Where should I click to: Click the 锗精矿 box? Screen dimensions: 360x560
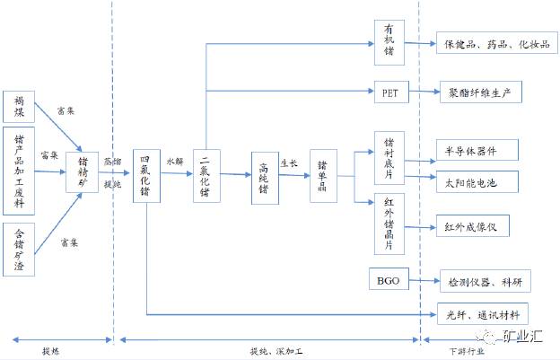tap(82, 172)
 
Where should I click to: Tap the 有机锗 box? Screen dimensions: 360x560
tap(389, 42)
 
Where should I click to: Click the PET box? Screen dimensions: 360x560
tap(389, 91)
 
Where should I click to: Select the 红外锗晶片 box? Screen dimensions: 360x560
tap(389, 223)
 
